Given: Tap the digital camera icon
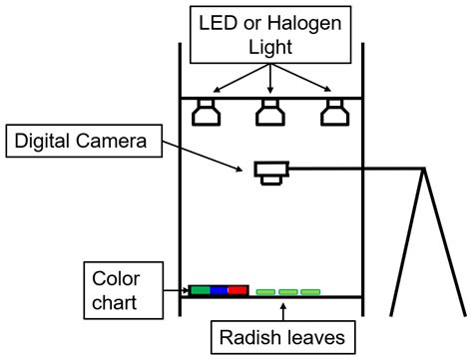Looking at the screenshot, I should [x=270, y=172].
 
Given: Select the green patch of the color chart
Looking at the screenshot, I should [x=200, y=290].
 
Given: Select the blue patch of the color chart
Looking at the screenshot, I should [x=219, y=290].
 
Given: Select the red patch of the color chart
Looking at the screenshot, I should [x=237, y=290].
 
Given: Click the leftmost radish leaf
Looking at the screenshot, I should [x=265, y=291].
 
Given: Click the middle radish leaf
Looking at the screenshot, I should [x=288, y=291].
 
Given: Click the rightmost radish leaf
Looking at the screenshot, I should [x=312, y=291].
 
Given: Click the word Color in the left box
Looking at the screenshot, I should [x=113, y=276].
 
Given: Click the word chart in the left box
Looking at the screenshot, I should [x=113, y=299].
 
